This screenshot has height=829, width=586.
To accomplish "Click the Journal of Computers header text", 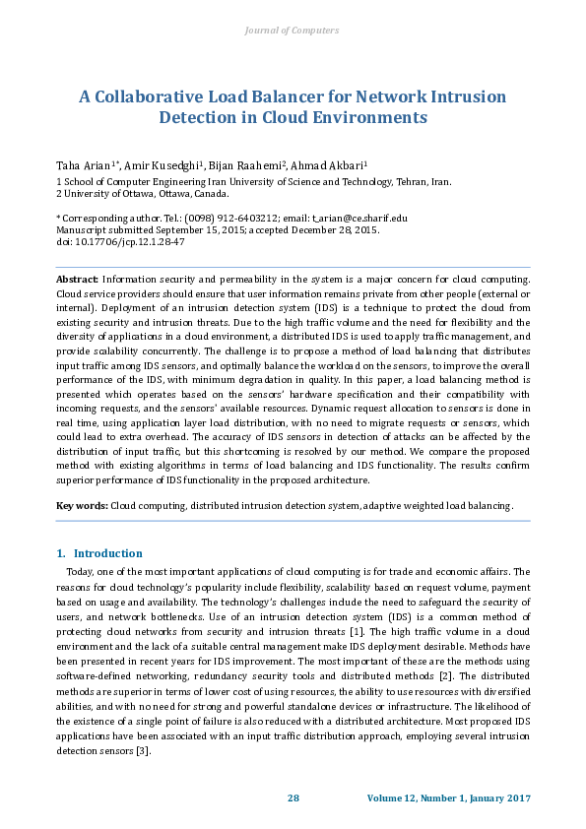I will click(x=292, y=31).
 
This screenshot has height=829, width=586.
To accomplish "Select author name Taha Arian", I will click(x=84, y=163).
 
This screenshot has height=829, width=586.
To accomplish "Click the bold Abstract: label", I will click(x=78, y=281).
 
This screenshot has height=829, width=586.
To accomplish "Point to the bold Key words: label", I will click(x=82, y=505).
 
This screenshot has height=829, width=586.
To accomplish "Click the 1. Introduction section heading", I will click(x=98, y=553).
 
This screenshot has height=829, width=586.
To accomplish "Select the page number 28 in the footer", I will click(x=293, y=798).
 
